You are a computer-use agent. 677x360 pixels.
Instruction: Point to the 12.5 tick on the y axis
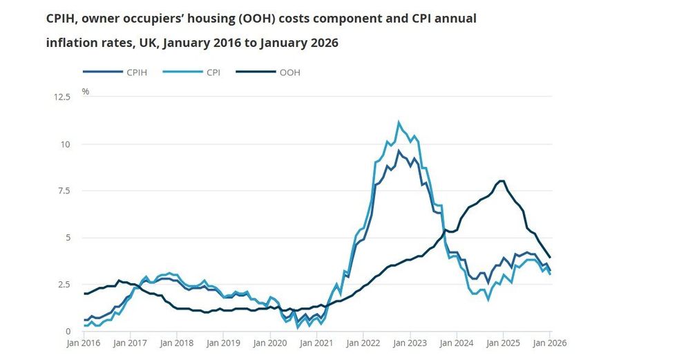point(62,97)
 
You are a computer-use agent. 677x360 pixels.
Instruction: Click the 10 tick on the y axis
point(66,144)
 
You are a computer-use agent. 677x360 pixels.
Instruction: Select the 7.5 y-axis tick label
point(64,191)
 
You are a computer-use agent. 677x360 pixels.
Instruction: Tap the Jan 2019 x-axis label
point(222,342)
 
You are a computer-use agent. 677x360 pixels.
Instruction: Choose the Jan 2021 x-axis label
point(316,342)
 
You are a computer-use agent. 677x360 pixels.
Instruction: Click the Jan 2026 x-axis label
point(550,342)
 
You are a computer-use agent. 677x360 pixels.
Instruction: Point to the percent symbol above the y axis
point(86,91)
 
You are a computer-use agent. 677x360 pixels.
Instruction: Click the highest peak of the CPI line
point(399,122)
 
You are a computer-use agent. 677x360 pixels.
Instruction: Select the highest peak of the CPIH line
point(399,151)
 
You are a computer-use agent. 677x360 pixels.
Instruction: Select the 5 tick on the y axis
point(68,238)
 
